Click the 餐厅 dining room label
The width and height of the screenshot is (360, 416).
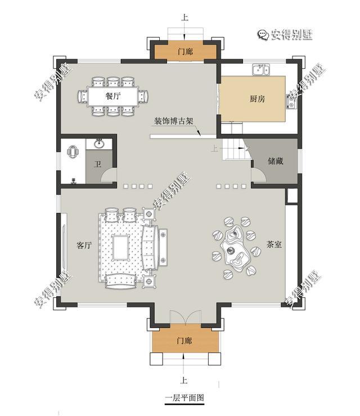coord(113,96)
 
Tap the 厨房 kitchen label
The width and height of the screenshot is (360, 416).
coord(258,99)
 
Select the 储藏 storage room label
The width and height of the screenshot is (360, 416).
coord(275,161)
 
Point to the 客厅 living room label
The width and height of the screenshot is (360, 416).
coord(84,245)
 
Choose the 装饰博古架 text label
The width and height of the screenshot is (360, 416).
coord(173,121)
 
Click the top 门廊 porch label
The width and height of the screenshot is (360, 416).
coord(185,52)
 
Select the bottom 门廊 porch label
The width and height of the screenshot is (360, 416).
coord(184,341)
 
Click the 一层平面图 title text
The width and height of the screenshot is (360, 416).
coord(184,397)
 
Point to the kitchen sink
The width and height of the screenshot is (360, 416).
coord(260,69)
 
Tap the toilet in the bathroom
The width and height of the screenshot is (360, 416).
coord(73,152)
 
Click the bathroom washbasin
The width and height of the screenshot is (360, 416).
coord(100,144)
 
